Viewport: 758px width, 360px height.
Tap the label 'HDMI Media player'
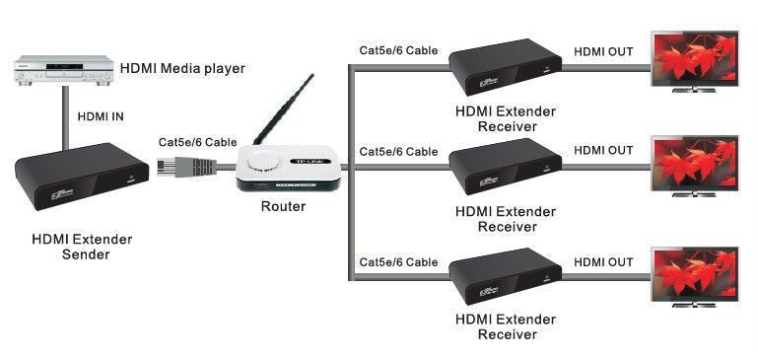pyautogui.click(x=182, y=68)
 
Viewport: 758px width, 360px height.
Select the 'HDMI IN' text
pyautogui.click(x=101, y=116)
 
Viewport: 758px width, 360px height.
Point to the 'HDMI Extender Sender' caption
pyautogui.click(x=82, y=247)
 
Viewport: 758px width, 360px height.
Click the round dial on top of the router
pyautogui.click(x=268, y=163)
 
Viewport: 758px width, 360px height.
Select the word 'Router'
pyautogui.click(x=284, y=207)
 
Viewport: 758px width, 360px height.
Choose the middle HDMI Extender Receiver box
pyautogui.click(x=506, y=168)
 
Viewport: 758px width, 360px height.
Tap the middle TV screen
pyautogui.click(x=695, y=163)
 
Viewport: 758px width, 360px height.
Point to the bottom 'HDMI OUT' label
pyautogui.click(x=603, y=262)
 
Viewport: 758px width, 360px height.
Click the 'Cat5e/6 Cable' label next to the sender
pyautogui.click(x=198, y=141)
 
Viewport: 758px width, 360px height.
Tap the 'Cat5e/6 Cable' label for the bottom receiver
pyautogui.click(x=398, y=262)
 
